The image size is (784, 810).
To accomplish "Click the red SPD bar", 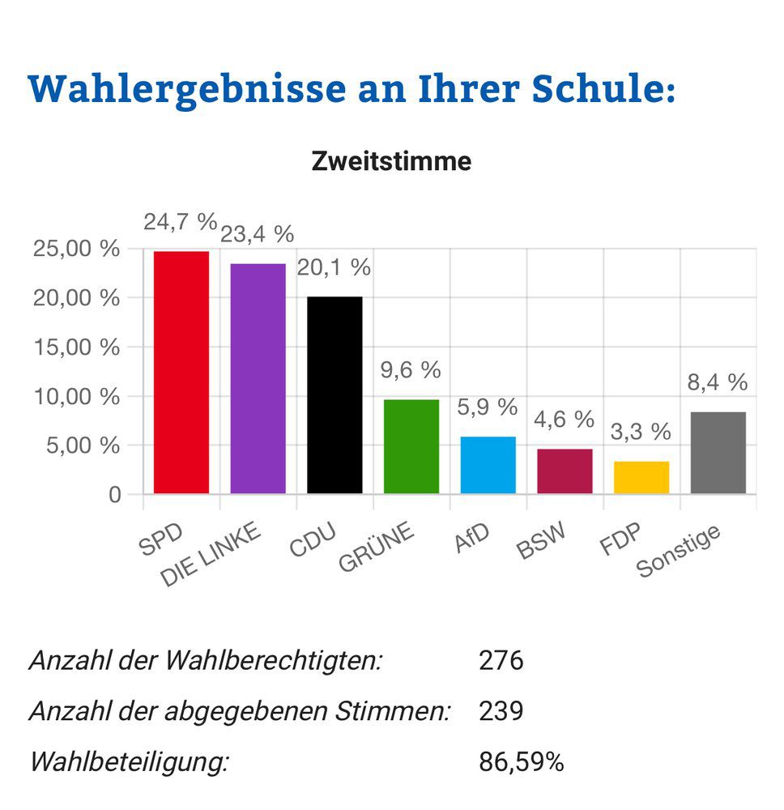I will [181, 373].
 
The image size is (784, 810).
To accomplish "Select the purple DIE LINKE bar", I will [258, 379].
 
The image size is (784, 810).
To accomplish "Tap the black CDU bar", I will [334, 395].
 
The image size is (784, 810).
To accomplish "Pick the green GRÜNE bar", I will [411, 446].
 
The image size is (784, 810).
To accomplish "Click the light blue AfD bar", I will [488, 465].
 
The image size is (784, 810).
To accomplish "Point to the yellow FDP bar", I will [641, 477].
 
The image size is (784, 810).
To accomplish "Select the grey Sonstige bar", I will [718, 453].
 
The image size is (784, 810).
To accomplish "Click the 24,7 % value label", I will [181, 221].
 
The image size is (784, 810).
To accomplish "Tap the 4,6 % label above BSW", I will [565, 420].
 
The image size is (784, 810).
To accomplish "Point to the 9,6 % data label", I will [411, 370].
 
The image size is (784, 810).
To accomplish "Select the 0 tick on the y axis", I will [113, 494].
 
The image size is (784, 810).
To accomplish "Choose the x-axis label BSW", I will [540, 543].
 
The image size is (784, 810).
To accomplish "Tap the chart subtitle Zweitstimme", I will [391, 161].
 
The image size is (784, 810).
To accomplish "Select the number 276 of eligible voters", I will [501, 661].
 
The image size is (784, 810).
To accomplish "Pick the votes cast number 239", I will [501, 711].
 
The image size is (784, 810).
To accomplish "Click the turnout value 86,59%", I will [522, 762].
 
